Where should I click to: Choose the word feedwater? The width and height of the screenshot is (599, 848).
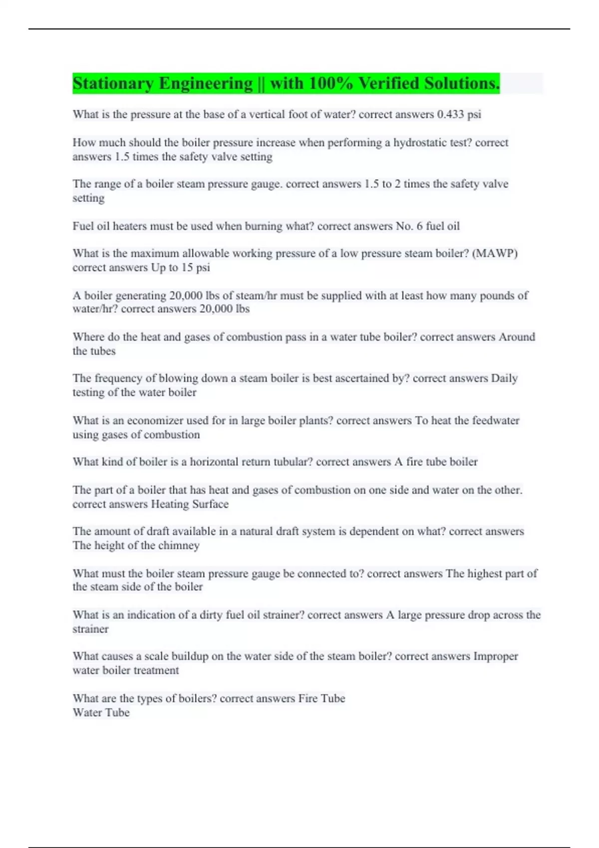click(x=496, y=421)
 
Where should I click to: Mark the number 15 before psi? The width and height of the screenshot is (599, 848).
click(x=187, y=267)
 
